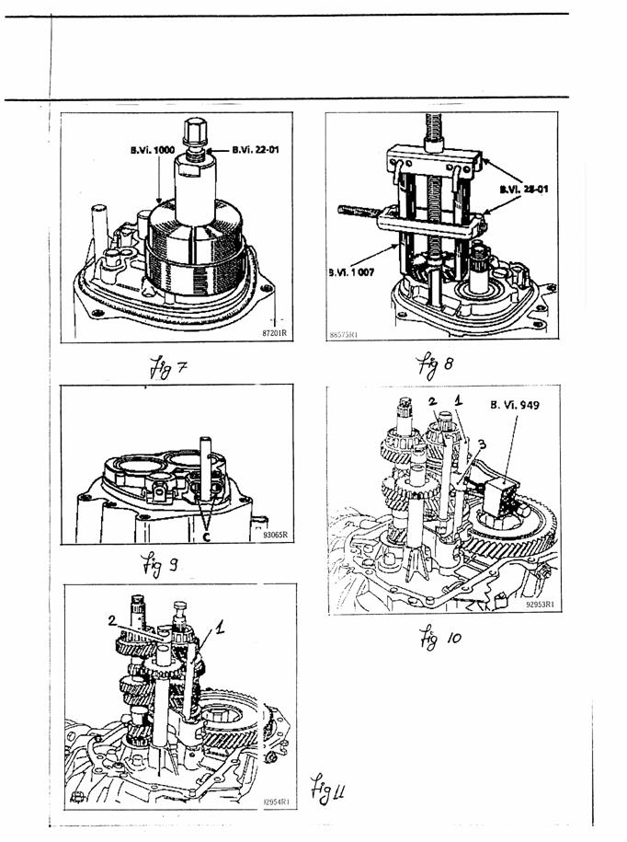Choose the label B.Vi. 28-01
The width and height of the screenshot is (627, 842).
tap(519, 190)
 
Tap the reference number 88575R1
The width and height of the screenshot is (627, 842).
tap(343, 337)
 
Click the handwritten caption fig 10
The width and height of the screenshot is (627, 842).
tap(441, 636)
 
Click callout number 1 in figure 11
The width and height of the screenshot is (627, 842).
tap(219, 627)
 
